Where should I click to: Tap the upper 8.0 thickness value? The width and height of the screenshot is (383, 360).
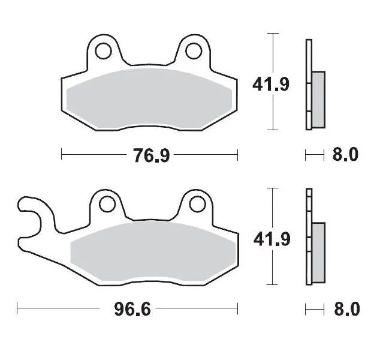[x=345, y=155]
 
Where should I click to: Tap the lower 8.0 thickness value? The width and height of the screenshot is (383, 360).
[x=345, y=310]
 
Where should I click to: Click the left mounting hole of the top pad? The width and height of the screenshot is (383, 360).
[x=102, y=50]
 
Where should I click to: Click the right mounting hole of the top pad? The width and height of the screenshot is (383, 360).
[x=193, y=50]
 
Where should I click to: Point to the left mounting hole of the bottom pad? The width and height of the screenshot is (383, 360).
[x=107, y=204]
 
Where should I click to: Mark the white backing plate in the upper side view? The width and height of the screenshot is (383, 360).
[x=309, y=60]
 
